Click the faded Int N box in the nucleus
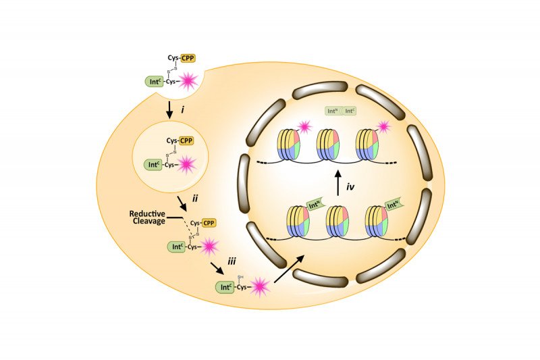pos(331,110)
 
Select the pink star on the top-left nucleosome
pos(304,126)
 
